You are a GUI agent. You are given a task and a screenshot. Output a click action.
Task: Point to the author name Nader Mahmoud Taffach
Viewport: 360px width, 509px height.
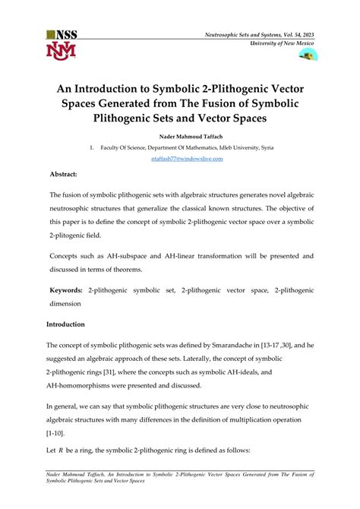click(179, 137)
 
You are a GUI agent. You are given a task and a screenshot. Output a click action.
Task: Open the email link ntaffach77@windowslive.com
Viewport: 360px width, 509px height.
click(179, 160)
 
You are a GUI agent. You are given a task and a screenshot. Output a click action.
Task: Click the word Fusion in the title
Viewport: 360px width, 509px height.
click(242, 102)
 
